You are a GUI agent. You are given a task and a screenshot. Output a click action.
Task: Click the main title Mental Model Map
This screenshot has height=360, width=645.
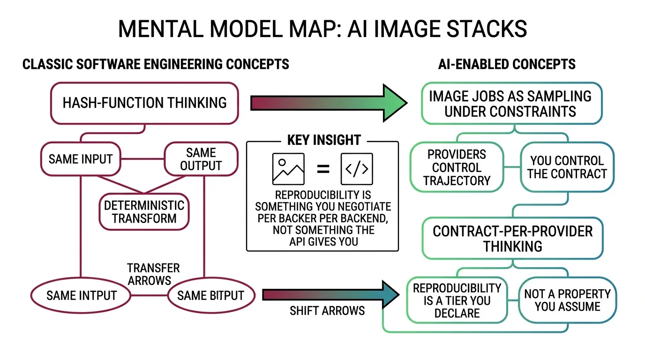point(322,29)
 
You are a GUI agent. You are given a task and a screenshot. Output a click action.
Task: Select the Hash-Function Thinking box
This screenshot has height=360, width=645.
point(144,103)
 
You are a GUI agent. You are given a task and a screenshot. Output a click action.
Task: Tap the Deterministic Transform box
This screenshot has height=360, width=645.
point(144,212)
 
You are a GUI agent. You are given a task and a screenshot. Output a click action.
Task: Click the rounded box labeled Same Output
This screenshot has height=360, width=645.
point(201,159)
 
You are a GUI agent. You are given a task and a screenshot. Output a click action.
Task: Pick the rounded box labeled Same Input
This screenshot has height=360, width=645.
point(81,159)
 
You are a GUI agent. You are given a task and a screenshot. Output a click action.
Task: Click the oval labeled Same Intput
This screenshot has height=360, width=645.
point(81,296)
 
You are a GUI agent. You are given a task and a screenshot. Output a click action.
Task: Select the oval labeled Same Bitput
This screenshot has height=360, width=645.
point(211,296)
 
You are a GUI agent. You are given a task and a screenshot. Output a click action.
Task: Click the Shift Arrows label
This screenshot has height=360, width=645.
point(327,310)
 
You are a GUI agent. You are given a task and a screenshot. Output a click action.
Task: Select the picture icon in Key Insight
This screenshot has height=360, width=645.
point(288,169)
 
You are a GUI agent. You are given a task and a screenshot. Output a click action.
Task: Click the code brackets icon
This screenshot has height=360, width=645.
point(357,169)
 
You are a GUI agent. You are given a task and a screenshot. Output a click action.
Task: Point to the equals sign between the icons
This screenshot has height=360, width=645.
point(322,169)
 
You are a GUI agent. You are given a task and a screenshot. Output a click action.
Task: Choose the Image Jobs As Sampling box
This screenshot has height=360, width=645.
point(510,104)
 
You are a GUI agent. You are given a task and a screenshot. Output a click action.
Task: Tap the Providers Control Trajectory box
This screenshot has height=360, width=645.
point(456,167)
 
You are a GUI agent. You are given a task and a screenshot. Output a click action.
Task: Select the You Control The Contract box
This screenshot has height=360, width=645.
point(567,167)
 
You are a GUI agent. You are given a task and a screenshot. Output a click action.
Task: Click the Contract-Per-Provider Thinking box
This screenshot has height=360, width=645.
point(512,239)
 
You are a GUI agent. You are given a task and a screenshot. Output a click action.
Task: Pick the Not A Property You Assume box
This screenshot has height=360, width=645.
point(568,300)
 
